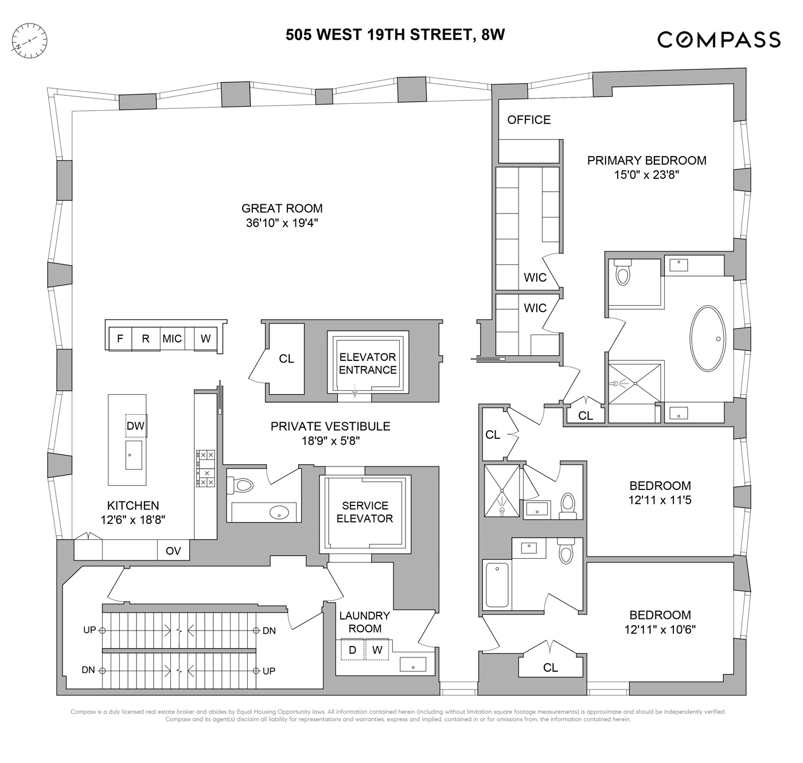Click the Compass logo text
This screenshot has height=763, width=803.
tap(719, 40)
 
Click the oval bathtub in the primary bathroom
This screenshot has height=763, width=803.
tap(708, 338)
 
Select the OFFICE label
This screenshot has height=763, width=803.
tap(529, 119)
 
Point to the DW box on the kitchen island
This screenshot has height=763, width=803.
tap(136, 426)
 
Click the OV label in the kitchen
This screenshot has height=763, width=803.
tap(173, 551)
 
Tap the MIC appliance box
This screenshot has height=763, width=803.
tap(172, 338)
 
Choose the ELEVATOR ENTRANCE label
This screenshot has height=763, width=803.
tap(368, 363)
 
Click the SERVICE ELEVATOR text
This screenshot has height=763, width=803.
tap(365, 512)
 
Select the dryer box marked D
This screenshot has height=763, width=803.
tap(353, 650)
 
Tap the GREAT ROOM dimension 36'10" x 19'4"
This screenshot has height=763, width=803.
tap(282, 223)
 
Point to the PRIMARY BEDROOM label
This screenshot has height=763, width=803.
tap(646, 161)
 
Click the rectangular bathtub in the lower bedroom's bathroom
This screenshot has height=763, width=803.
tap(497, 585)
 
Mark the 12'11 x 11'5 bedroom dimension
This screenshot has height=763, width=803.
tap(660, 500)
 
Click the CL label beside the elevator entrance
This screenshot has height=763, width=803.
tap(286, 359)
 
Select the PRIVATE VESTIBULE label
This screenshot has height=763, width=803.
tap(330, 426)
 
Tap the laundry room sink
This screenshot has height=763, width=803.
tap(413, 664)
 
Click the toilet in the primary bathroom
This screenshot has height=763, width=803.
tap(622, 272)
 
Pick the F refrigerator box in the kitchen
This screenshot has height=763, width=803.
tap(120, 338)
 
